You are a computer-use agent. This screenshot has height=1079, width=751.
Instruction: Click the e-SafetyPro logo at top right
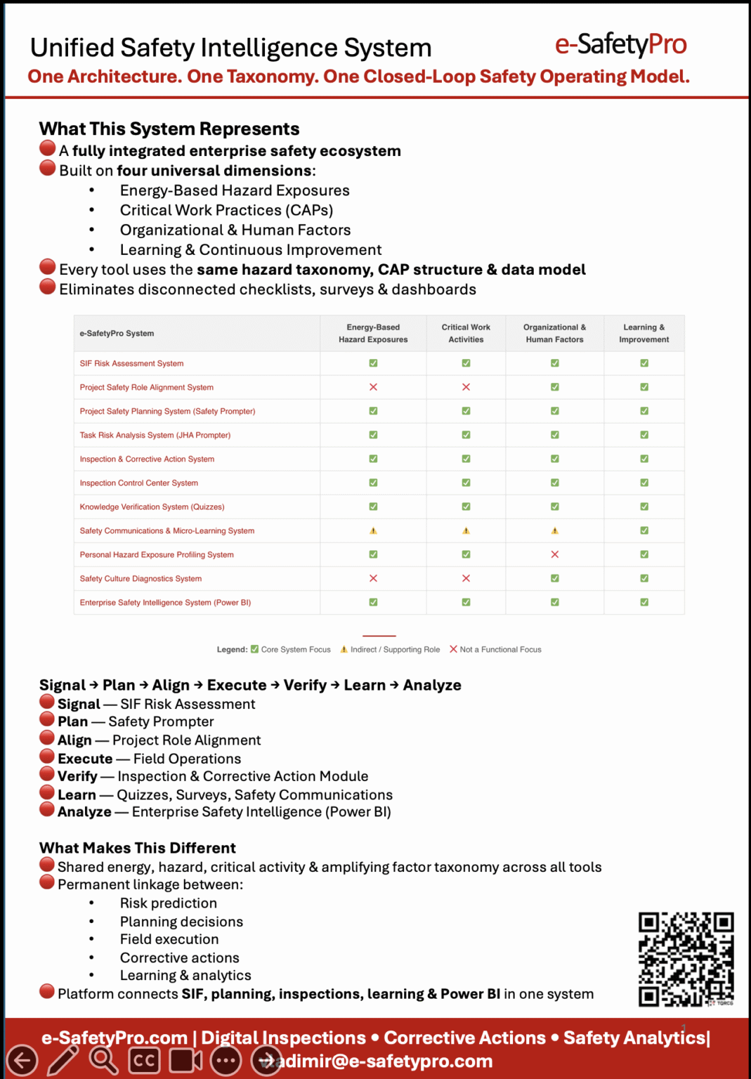tap(620, 44)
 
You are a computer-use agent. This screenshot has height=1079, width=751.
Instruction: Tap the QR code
tap(686, 959)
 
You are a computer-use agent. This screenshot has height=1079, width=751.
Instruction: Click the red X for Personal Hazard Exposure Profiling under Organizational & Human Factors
tap(555, 554)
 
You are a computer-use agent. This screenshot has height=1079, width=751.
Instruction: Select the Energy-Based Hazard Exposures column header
tap(373, 333)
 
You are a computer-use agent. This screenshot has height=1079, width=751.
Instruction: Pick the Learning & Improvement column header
tap(644, 333)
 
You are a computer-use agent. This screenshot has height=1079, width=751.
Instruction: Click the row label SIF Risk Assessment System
tap(131, 363)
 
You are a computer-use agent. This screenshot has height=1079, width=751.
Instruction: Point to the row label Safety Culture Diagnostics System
tap(141, 578)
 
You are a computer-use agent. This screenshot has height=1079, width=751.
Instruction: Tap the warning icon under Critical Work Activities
tap(466, 530)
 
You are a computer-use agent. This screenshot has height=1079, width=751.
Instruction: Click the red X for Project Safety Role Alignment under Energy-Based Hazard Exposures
tap(373, 387)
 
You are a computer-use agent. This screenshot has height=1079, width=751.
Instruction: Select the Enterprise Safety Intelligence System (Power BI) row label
tap(165, 602)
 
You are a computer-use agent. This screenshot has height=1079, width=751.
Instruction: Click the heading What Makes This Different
tap(138, 848)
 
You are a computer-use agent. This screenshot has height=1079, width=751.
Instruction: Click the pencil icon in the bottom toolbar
tap(63, 1060)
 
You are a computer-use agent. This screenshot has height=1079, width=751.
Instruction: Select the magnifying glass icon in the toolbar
tap(103, 1060)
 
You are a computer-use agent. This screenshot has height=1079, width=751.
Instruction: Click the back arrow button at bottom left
tap(22, 1060)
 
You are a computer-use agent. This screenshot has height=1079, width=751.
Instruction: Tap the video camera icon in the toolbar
tap(185, 1060)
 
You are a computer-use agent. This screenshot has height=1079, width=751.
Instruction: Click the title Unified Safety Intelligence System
tap(230, 48)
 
